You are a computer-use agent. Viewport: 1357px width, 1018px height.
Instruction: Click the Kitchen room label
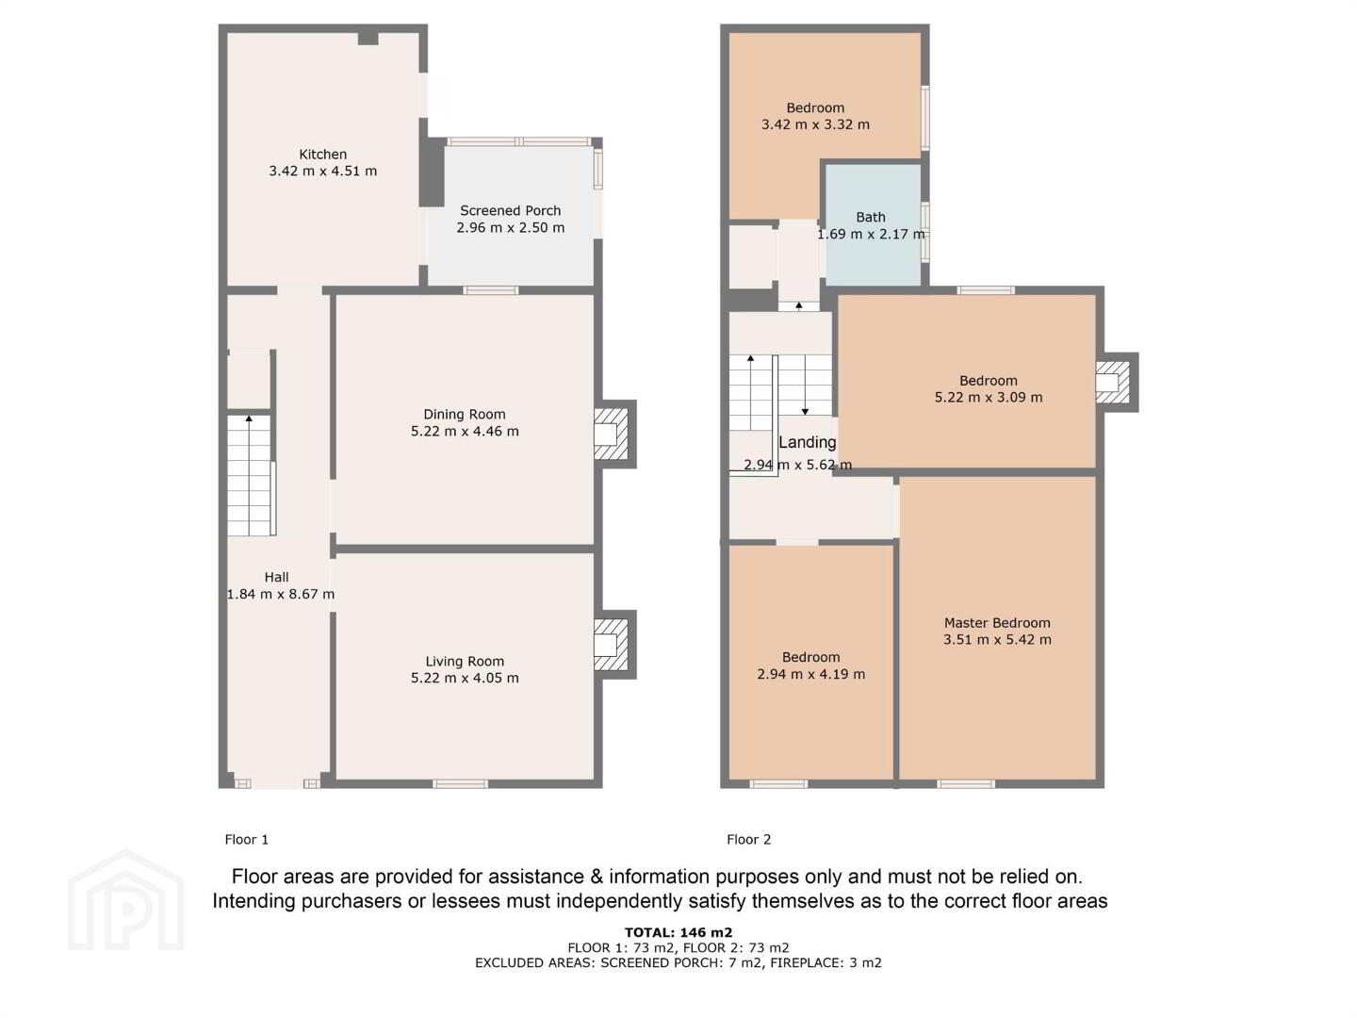click(x=322, y=154)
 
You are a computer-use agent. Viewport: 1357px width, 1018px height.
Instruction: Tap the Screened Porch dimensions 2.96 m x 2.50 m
click(x=511, y=227)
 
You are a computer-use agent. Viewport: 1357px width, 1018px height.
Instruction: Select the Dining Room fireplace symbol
click(x=611, y=434)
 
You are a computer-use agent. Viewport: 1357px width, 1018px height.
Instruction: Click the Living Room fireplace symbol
click(x=611, y=645)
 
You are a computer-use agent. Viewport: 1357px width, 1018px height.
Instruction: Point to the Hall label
click(x=276, y=577)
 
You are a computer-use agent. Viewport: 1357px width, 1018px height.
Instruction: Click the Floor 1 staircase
click(x=250, y=475)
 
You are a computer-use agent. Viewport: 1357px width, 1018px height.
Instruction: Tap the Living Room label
click(x=465, y=662)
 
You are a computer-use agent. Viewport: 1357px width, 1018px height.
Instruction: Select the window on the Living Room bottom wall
click(x=460, y=783)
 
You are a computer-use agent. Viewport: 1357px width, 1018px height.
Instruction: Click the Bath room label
click(x=871, y=217)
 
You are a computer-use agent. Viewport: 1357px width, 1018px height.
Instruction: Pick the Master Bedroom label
click(x=997, y=622)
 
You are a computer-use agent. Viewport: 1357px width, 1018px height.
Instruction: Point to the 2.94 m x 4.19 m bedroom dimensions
click(x=811, y=674)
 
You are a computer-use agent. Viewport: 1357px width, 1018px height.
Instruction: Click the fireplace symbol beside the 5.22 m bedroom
click(x=1113, y=382)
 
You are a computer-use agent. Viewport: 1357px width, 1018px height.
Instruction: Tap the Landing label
click(x=808, y=442)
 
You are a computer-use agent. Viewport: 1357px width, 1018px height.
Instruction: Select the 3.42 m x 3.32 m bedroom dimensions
click(x=815, y=124)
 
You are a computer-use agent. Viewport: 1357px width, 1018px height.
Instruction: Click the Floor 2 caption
click(x=748, y=839)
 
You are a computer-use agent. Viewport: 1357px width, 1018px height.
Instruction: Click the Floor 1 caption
click(x=247, y=839)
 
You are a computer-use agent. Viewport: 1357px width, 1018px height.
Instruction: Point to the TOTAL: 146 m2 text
click(x=678, y=932)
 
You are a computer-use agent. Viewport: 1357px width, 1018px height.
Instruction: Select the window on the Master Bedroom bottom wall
click(x=966, y=783)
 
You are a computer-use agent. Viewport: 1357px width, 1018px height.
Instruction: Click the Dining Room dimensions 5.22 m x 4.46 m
click(x=465, y=431)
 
